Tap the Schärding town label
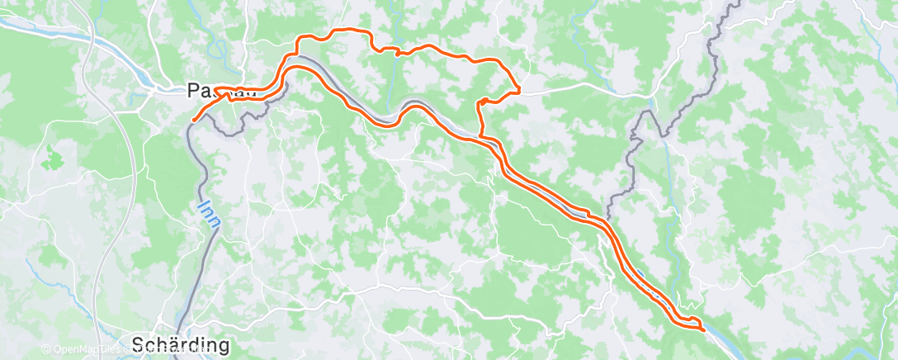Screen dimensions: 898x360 point(181,343)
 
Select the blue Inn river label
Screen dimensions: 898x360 point(204,211)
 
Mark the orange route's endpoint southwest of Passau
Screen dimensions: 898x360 point(194,120)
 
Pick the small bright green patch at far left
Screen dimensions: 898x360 point(54,154)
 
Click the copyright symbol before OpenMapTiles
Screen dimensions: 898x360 point(46,350)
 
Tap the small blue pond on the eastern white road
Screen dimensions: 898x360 point(653,104)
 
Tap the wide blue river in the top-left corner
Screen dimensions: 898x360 point(50,33)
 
